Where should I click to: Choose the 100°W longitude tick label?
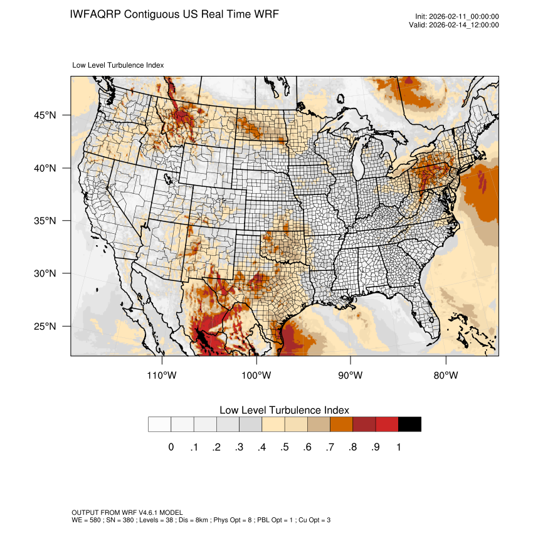click(256, 376)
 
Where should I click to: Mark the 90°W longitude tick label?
click(351, 376)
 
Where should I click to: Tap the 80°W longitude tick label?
click(445, 376)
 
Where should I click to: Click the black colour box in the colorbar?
click(409, 425)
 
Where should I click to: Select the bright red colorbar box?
click(387, 425)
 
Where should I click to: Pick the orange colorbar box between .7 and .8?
click(342, 425)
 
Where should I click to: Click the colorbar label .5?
click(285, 447)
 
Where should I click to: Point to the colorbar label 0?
click(171, 447)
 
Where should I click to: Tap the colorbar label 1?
click(398, 447)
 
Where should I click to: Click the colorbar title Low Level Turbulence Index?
click(284, 410)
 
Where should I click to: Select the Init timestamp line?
click(457, 17)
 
